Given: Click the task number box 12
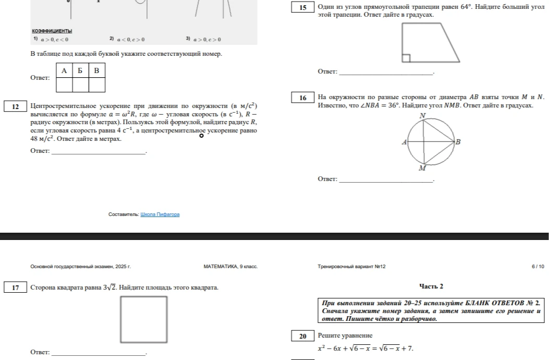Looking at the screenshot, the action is click(x=16, y=106).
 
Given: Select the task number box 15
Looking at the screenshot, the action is click(x=303, y=7).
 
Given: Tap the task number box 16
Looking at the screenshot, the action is click(x=303, y=98).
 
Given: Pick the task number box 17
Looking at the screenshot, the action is click(x=16, y=287).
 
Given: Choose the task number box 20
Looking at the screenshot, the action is click(x=303, y=336).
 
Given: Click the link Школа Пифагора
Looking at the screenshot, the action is click(x=160, y=214).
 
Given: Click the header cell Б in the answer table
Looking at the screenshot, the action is click(x=80, y=70).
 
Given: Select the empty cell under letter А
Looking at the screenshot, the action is click(x=65, y=85).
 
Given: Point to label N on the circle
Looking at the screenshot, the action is click(x=423, y=115).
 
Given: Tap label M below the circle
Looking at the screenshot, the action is click(x=422, y=168).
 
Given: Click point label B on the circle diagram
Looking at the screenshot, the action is click(x=458, y=142).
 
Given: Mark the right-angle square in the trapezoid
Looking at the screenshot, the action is click(x=406, y=58).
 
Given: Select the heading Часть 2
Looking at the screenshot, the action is click(x=431, y=286).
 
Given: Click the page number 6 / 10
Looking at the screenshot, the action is click(x=538, y=267).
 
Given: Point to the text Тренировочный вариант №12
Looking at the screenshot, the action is click(x=351, y=267).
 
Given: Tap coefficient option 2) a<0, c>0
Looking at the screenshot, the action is click(x=127, y=39).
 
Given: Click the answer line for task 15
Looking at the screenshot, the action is click(x=386, y=74).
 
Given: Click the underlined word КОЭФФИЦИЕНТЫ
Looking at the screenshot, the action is click(x=52, y=31).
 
